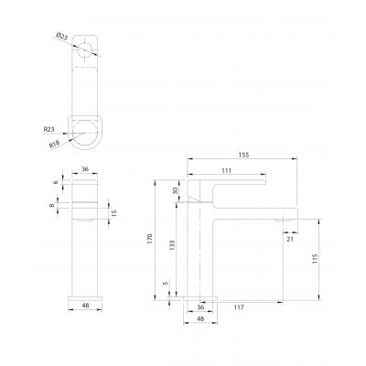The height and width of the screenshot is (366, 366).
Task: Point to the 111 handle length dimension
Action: (x=226, y=171)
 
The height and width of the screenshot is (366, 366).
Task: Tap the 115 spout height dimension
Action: (x=315, y=260)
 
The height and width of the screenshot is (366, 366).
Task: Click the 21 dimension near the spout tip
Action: (x=289, y=239)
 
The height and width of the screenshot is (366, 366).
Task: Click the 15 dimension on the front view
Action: (x=113, y=213)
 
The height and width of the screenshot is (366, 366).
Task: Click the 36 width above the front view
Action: (x=85, y=168)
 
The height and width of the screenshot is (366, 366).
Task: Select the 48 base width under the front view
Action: (x=85, y=308)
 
